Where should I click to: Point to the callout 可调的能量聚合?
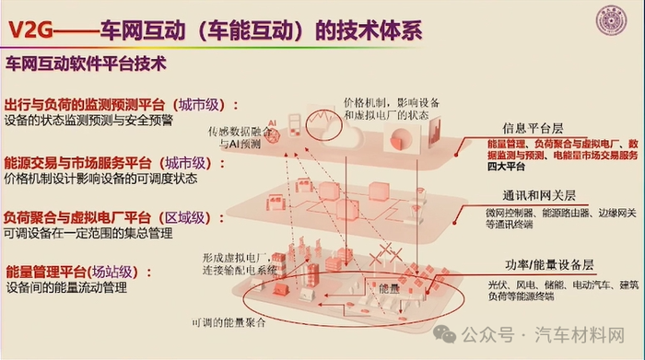228,322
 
